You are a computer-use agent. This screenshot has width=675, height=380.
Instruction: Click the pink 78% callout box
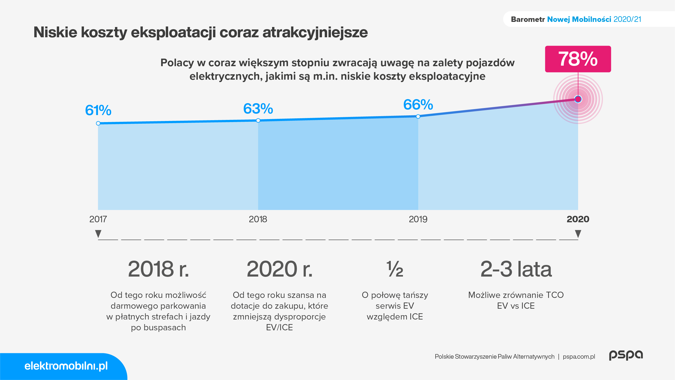[578, 59]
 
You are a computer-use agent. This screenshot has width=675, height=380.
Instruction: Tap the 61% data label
[98, 110]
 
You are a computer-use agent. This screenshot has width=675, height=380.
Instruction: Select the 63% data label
[258, 109]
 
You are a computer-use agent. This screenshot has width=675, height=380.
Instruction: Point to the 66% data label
[418, 105]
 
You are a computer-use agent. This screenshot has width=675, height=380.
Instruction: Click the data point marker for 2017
[98, 123]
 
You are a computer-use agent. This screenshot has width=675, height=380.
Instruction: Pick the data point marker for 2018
[258, 120]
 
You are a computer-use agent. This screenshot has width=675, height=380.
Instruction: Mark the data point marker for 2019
[418, 116]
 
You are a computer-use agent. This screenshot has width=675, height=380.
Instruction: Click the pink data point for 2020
[578, 99]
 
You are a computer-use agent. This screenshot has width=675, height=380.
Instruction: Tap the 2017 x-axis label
[98, 219]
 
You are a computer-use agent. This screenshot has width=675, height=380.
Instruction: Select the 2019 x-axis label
[418, 219]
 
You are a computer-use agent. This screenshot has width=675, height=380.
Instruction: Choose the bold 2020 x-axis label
[578, 219]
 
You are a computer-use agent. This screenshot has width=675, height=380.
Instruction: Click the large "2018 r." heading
[158, 269]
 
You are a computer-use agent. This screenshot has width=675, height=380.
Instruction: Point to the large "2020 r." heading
[280, 269]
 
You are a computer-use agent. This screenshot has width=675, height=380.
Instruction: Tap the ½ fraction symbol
[395, 269]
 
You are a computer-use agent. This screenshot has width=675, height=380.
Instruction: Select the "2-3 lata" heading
[516, 269]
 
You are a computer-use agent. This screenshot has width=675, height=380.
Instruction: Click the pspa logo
[626, 355]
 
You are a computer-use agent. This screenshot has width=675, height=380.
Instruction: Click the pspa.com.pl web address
[579, 357]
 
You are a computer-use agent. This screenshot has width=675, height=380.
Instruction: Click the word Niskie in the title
[55, 32]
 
